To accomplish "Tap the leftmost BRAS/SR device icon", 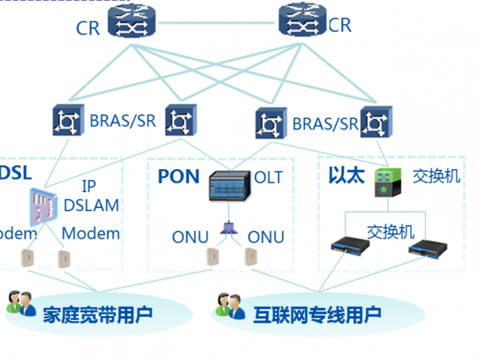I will (67, 121).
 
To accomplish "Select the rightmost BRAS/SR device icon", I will (376, 123).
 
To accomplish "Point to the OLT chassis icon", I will (229, 185).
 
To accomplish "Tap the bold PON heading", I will (178, 176).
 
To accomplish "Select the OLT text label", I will (268, 178).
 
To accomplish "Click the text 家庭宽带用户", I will (97, 313).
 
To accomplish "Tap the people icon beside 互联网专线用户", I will (230, 305).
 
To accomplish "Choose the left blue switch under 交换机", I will (347, 245).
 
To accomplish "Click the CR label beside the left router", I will (88, 28).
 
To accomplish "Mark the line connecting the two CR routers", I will (217, 23).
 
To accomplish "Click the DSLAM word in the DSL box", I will (91, 205).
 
